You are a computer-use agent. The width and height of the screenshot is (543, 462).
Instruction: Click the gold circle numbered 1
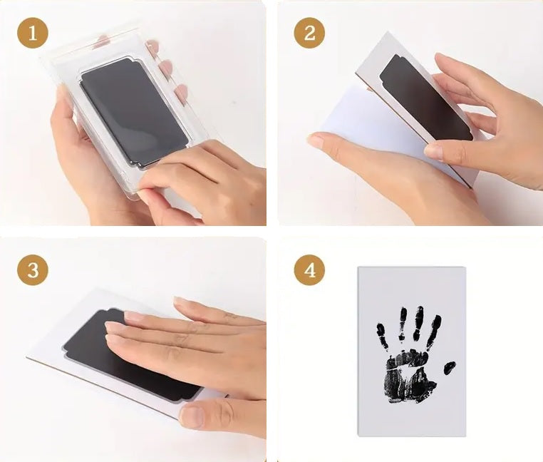point(33,33)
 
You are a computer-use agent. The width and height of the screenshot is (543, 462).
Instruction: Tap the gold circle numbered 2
point(309,33)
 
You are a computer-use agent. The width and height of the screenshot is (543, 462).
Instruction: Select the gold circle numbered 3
point(33,269)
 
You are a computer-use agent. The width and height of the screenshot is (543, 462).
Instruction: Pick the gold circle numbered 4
point(309,269)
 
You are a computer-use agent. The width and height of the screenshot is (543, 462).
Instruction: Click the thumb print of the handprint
point(450,367)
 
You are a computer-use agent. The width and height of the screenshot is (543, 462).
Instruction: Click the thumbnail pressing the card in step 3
point(191,415)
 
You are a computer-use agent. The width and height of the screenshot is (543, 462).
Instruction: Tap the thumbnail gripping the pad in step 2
point(433,151)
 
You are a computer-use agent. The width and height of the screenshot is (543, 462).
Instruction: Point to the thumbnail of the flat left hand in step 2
point(316,141)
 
